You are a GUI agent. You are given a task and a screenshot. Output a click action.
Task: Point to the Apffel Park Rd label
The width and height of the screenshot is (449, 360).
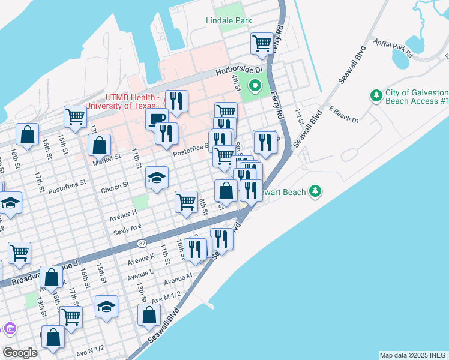coord(393,47)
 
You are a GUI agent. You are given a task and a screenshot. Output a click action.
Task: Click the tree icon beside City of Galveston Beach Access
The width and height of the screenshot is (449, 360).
coord(376,95)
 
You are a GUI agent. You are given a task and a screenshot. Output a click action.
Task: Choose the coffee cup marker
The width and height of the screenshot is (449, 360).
coord(157,118)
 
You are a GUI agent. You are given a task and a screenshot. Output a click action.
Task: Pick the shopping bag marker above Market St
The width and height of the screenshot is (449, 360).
coord(100,145)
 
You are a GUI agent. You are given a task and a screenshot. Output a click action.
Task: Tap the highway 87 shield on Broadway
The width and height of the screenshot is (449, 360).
coord(142,243)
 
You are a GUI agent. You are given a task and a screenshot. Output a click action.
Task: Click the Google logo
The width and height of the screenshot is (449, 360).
coord(20,353)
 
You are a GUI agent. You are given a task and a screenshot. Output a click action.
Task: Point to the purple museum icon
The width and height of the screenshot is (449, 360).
coord(9,329)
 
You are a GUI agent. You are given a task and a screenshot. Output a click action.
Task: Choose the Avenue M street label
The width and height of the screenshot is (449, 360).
coord(178,279)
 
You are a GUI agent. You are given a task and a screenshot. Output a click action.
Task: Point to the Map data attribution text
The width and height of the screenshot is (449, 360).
coord(413,355)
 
